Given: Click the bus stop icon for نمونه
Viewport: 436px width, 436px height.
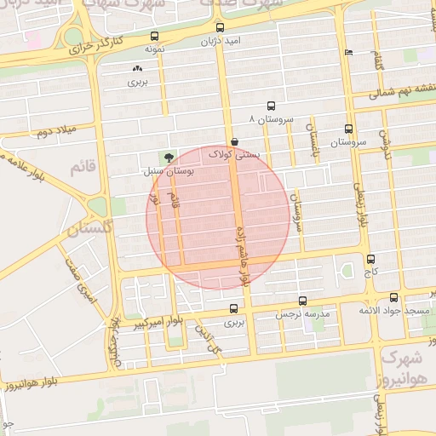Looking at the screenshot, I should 154,37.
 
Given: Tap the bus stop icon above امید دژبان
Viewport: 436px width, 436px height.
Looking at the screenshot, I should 221,28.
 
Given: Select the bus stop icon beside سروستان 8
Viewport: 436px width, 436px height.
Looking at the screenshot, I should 271,106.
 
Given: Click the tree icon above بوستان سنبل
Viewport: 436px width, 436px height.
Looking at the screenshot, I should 169,157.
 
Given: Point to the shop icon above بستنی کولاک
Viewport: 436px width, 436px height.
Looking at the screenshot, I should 234,142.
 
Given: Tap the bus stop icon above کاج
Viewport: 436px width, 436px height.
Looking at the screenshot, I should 370,259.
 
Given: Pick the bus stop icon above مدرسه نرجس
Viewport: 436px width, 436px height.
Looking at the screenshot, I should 303,301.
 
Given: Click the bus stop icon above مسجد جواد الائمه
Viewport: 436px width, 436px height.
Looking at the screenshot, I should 393,297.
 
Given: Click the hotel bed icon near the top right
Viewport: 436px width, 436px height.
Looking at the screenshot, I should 347,53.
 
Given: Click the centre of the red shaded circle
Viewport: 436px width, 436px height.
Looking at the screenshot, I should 218,218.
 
